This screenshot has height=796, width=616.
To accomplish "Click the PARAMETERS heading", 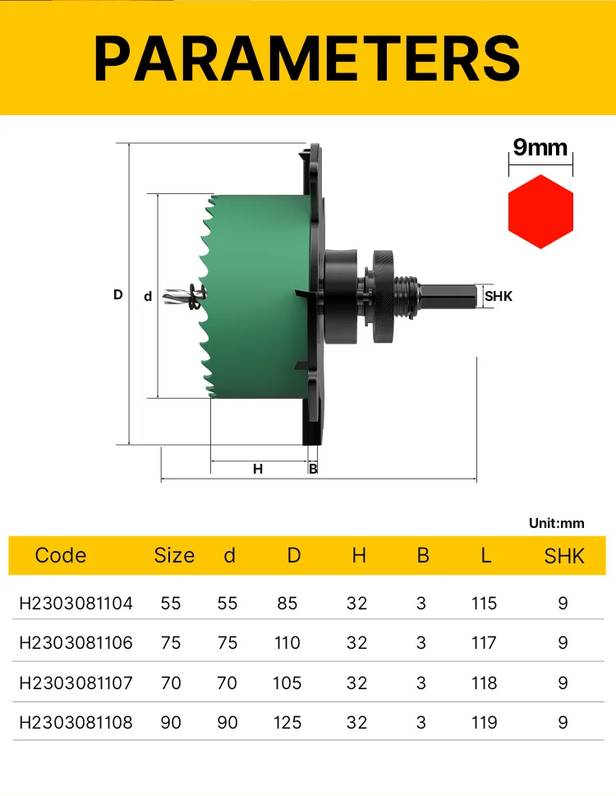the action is [x=307, y=59].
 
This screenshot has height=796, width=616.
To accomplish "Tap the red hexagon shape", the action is [x=540, y=211].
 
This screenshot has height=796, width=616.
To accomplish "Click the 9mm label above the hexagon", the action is [x=540, y=147].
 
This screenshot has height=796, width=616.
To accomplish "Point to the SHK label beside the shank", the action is [x=499, y=296].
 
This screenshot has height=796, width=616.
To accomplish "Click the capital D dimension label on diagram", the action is [x=118, y=294].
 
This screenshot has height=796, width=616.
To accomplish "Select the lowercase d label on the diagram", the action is [x=148, y=296].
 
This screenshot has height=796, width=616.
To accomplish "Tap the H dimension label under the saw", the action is [x=258, y=469].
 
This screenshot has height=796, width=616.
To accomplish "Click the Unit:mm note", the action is [x=556, y=523].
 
